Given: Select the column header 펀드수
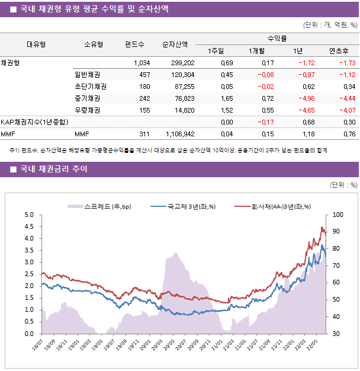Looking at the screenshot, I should [x=134, y=44].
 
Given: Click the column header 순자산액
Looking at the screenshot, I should [x=176, y=44].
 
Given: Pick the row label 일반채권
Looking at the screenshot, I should [x=87, y=75].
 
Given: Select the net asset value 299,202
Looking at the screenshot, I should [x=179, y=63].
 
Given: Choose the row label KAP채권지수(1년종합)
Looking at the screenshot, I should [x=34, y=122].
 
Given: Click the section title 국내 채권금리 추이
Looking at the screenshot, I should [x=53, y=169].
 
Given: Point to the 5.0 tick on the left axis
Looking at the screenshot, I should [x=28, y=215].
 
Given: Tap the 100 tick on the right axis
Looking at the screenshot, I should [x=337, y=215].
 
